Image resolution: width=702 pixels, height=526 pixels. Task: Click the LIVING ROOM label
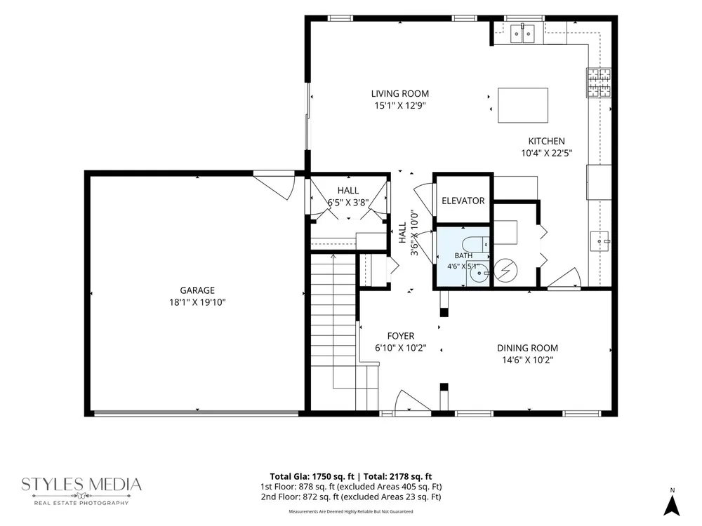(x=400, y=93)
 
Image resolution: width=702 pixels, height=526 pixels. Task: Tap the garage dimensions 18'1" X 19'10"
(x=197, y=302)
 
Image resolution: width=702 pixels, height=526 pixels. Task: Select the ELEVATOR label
(x=463, y=201)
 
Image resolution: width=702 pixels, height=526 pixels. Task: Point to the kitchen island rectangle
(x=523, y=105)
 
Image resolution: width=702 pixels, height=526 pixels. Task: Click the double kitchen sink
(x=522, y=33)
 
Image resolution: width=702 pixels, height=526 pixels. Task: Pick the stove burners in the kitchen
(x=599, y=82)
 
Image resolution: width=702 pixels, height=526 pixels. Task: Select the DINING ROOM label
(x=527, y=348)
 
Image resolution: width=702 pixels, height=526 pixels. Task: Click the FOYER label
(x=401, y=336)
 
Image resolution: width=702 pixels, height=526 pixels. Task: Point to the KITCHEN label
(x=547, y=141)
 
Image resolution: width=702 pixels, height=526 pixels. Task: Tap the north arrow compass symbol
(x=672, y=502)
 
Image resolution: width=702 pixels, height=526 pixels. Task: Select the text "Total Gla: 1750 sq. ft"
(x=312, y=476)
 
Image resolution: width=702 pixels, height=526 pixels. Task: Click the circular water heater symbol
(x=506, y=271)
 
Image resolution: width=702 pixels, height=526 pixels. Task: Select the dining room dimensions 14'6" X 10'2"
(x=527, y=360)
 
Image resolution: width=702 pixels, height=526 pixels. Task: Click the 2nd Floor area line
(x=351, y=497)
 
